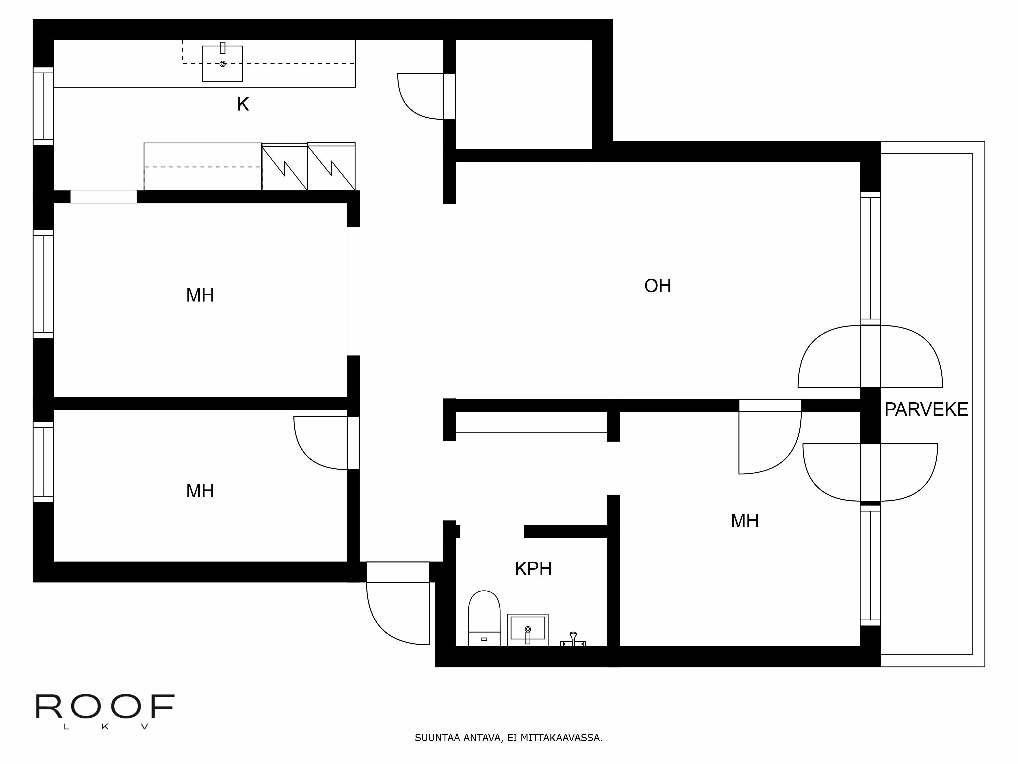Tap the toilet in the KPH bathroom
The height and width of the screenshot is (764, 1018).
point(484,617)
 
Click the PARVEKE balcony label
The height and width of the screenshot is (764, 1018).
point(926,410)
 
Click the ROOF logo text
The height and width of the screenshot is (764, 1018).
point(105,707)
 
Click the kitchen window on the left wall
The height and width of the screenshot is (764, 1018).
point(43,106)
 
